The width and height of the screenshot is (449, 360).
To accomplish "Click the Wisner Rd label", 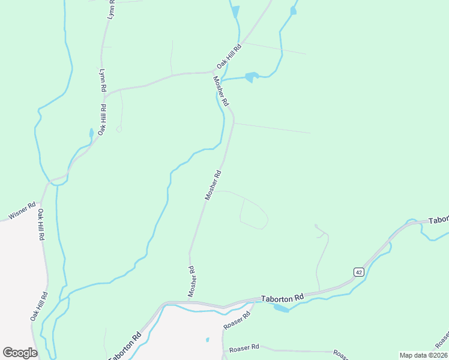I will [x=22, y=211].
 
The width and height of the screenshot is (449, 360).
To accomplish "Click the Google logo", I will [x=20, y=353].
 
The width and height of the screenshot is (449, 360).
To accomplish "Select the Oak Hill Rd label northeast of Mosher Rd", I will [x=229, y=55].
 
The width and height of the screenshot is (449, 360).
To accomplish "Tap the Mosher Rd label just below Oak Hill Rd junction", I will [x=221, y=92].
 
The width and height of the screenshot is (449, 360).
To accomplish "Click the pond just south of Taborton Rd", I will [x=280, y=308].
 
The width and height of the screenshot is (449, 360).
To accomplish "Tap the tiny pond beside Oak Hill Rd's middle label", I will [x=91, y=133].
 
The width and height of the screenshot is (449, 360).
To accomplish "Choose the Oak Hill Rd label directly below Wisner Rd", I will [x=41, y=224].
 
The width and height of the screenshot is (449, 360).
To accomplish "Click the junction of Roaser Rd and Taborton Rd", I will [x=255, y=302].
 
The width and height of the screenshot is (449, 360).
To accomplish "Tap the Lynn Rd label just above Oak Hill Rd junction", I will [x=103, y=79].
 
